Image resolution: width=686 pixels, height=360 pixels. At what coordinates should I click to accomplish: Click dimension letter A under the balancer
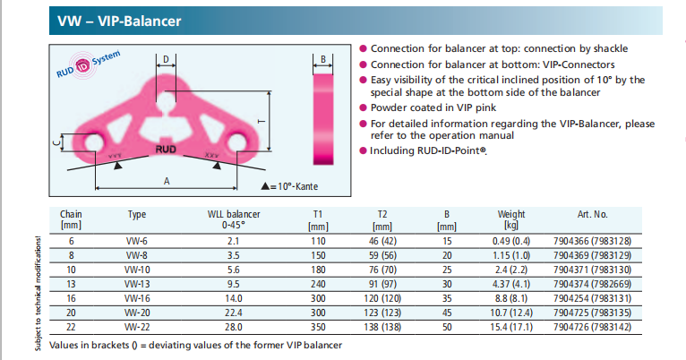click(166, 181)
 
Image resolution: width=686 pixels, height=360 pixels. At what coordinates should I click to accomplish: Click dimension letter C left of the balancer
click(56, 142)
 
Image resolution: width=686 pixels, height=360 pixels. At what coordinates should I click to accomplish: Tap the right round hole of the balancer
click(237, 143)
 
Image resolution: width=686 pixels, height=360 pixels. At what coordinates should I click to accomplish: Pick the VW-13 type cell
click(137, 283)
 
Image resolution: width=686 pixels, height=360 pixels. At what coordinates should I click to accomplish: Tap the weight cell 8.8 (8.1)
click(511, 297)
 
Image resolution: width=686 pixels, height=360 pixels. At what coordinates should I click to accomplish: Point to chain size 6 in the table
click(71, 240)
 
